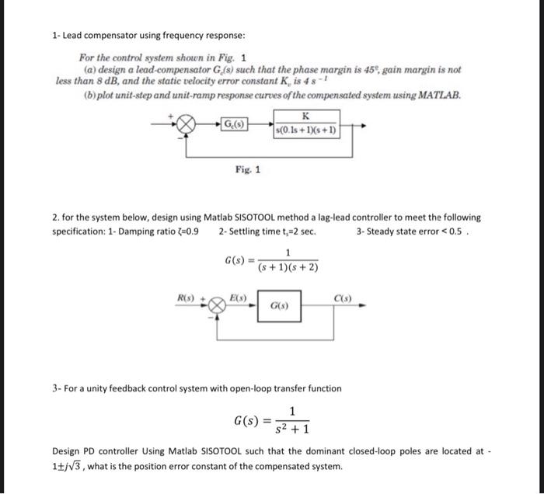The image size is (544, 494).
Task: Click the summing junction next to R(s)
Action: (x=218, y=305)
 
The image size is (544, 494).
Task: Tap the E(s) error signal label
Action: (x=239, y=297)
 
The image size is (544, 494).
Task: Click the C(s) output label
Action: (x=343, y=297)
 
